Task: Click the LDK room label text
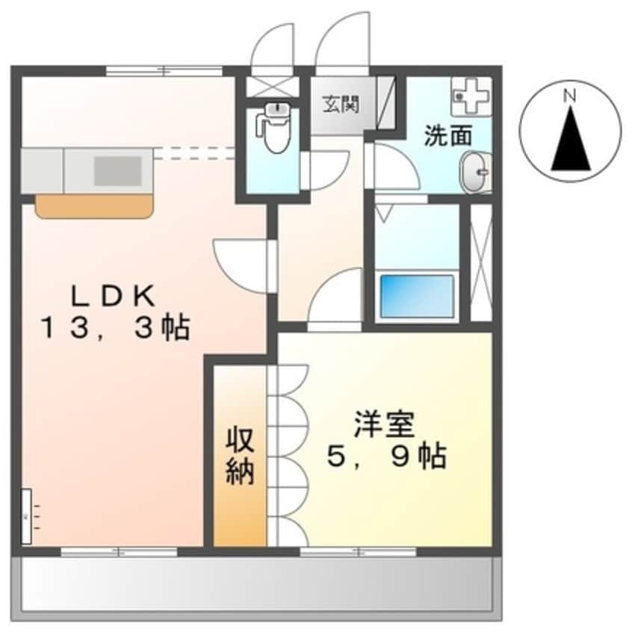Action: [114, 296]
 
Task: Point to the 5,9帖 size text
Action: [386, 455]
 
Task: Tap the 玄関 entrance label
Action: [340, 104]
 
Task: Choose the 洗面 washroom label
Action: [448, 137]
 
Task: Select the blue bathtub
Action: [417, 296]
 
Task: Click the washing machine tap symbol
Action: [471, 94]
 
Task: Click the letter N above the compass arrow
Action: [570, 96]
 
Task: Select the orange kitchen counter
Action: [94, 205]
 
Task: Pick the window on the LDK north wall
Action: [164, 71]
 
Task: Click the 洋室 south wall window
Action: [358, 552]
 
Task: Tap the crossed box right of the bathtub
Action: [482, 261]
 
